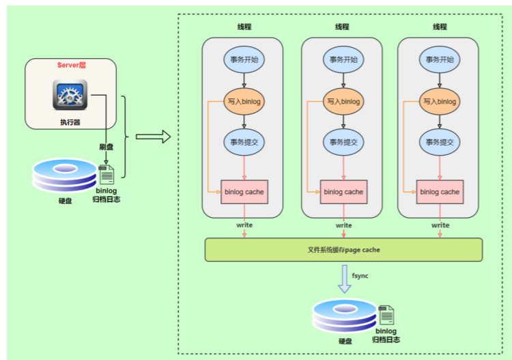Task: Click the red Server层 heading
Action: (71, 66)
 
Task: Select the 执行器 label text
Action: (70, 122)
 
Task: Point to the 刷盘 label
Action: (106, 146)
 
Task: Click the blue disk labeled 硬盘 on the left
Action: (66, 176)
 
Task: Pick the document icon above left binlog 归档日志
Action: (108, 174)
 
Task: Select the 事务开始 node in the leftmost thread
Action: (244, 59)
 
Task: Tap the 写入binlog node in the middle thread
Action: (343, 101)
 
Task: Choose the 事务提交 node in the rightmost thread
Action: (440, 142)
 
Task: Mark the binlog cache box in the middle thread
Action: (343, 192)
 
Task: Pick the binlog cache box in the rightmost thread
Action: (440, 192)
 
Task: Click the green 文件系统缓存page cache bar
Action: (343, 250)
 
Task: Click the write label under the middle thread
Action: (343, 225)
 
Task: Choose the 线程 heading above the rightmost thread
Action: (440, 27)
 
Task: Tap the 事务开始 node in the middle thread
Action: (343, 59)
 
